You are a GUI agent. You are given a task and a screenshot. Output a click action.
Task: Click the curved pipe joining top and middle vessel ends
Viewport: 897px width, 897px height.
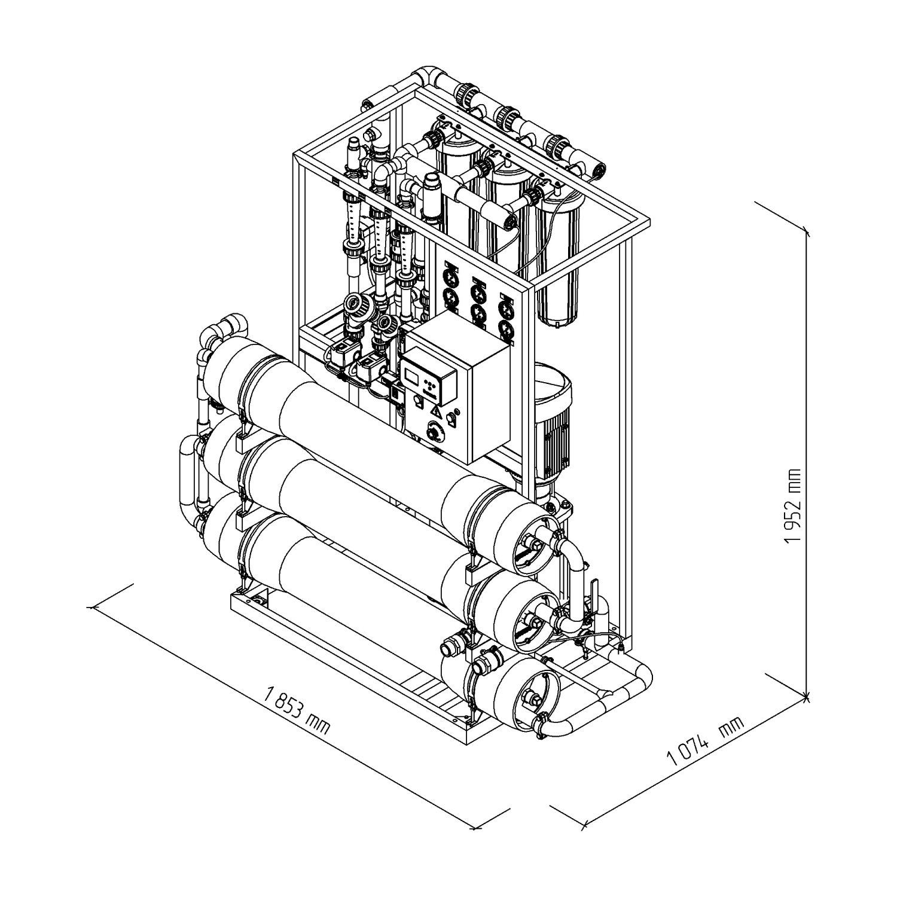[x=574, y=562]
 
